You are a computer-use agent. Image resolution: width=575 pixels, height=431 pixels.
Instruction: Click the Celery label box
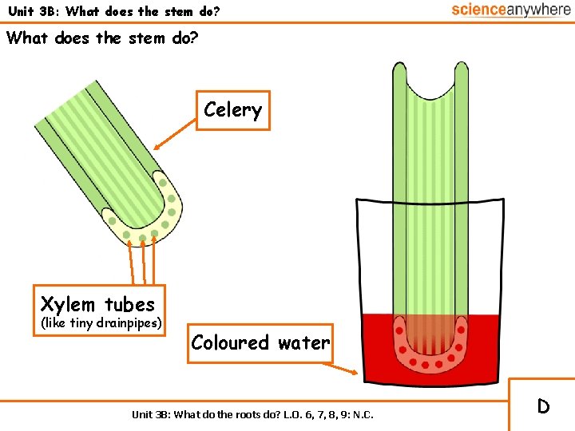pos(232,110)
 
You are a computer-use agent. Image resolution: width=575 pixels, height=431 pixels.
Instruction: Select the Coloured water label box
pos(260,342)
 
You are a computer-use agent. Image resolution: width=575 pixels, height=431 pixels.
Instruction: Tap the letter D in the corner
pos(543,406)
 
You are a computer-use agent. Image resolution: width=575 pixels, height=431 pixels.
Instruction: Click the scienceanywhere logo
pos(510,10)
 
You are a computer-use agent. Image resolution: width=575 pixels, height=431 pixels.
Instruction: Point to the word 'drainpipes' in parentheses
pos(125,323)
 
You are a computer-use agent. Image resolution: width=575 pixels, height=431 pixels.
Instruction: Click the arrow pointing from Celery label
pos(176,136)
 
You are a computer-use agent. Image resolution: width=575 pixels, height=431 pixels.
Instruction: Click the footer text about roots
pos(252,414)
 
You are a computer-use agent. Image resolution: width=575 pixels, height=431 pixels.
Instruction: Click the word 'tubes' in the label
pos(129,304)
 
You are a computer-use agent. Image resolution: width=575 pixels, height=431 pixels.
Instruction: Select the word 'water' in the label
pos(303,342)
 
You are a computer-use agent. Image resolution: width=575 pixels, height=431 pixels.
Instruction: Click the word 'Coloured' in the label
pos(230,342)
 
